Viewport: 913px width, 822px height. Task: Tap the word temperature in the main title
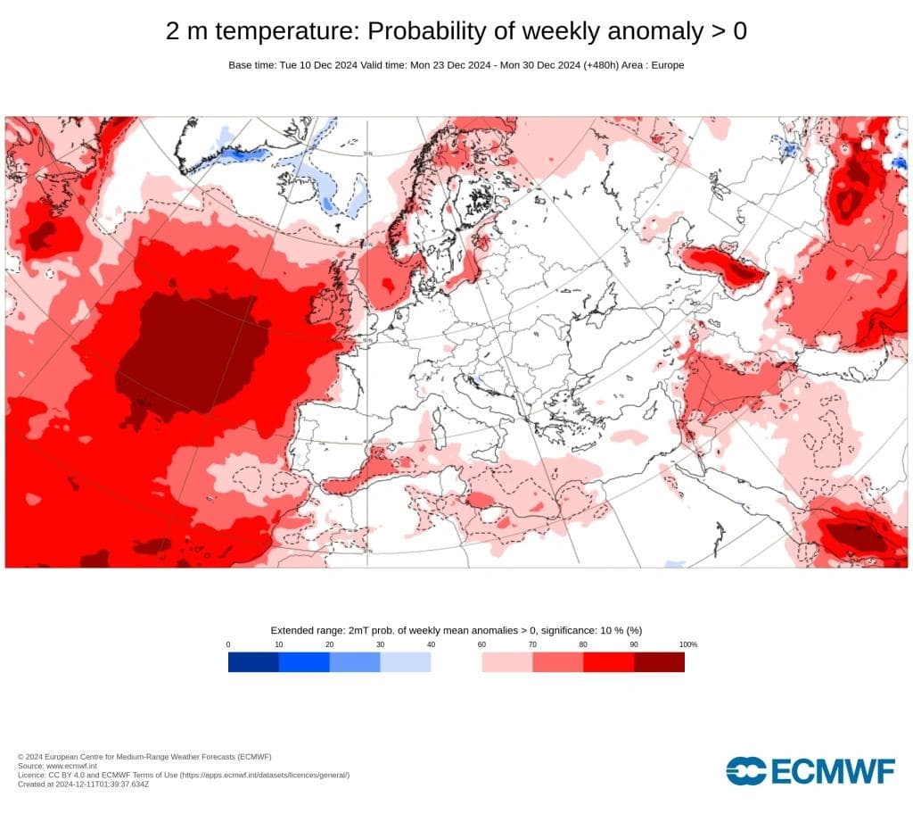pos(286,31)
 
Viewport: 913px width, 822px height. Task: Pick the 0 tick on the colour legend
pos(228,644)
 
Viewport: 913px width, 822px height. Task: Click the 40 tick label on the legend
pos(431,644)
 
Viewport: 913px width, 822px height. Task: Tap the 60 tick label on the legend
pos(481,644)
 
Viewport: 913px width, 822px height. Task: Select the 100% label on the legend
pos(687,644)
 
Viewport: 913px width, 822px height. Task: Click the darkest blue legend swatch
pos(253,661)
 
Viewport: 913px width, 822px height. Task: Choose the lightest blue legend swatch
pos(406,661)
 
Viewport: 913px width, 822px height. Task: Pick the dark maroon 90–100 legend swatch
pos(659,661)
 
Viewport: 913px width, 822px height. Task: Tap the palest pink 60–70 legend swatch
pos(506,661)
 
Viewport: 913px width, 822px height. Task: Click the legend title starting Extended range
pos(456,630)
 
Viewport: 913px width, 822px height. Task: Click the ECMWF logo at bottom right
pos(810,770)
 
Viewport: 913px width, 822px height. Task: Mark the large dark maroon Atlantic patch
pos(192,353)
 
